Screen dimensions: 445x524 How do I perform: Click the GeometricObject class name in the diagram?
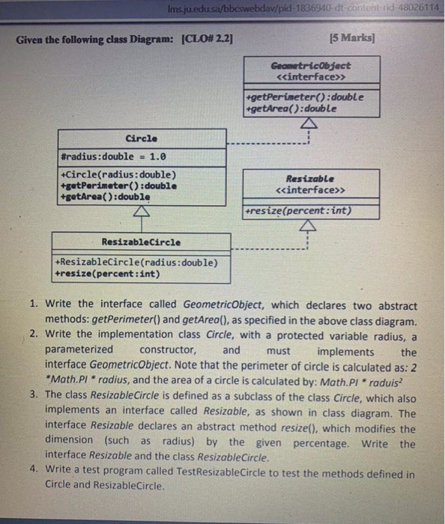(x=310, y=66)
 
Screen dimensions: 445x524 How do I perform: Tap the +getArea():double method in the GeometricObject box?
(x=291, y=108)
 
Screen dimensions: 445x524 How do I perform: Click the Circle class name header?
(x=142, y=138)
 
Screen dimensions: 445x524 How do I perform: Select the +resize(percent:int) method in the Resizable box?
(x=297, y=211)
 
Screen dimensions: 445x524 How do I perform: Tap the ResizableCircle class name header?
(x=141, y=242)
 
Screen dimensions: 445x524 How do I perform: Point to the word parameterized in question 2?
(x=79, y=350)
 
